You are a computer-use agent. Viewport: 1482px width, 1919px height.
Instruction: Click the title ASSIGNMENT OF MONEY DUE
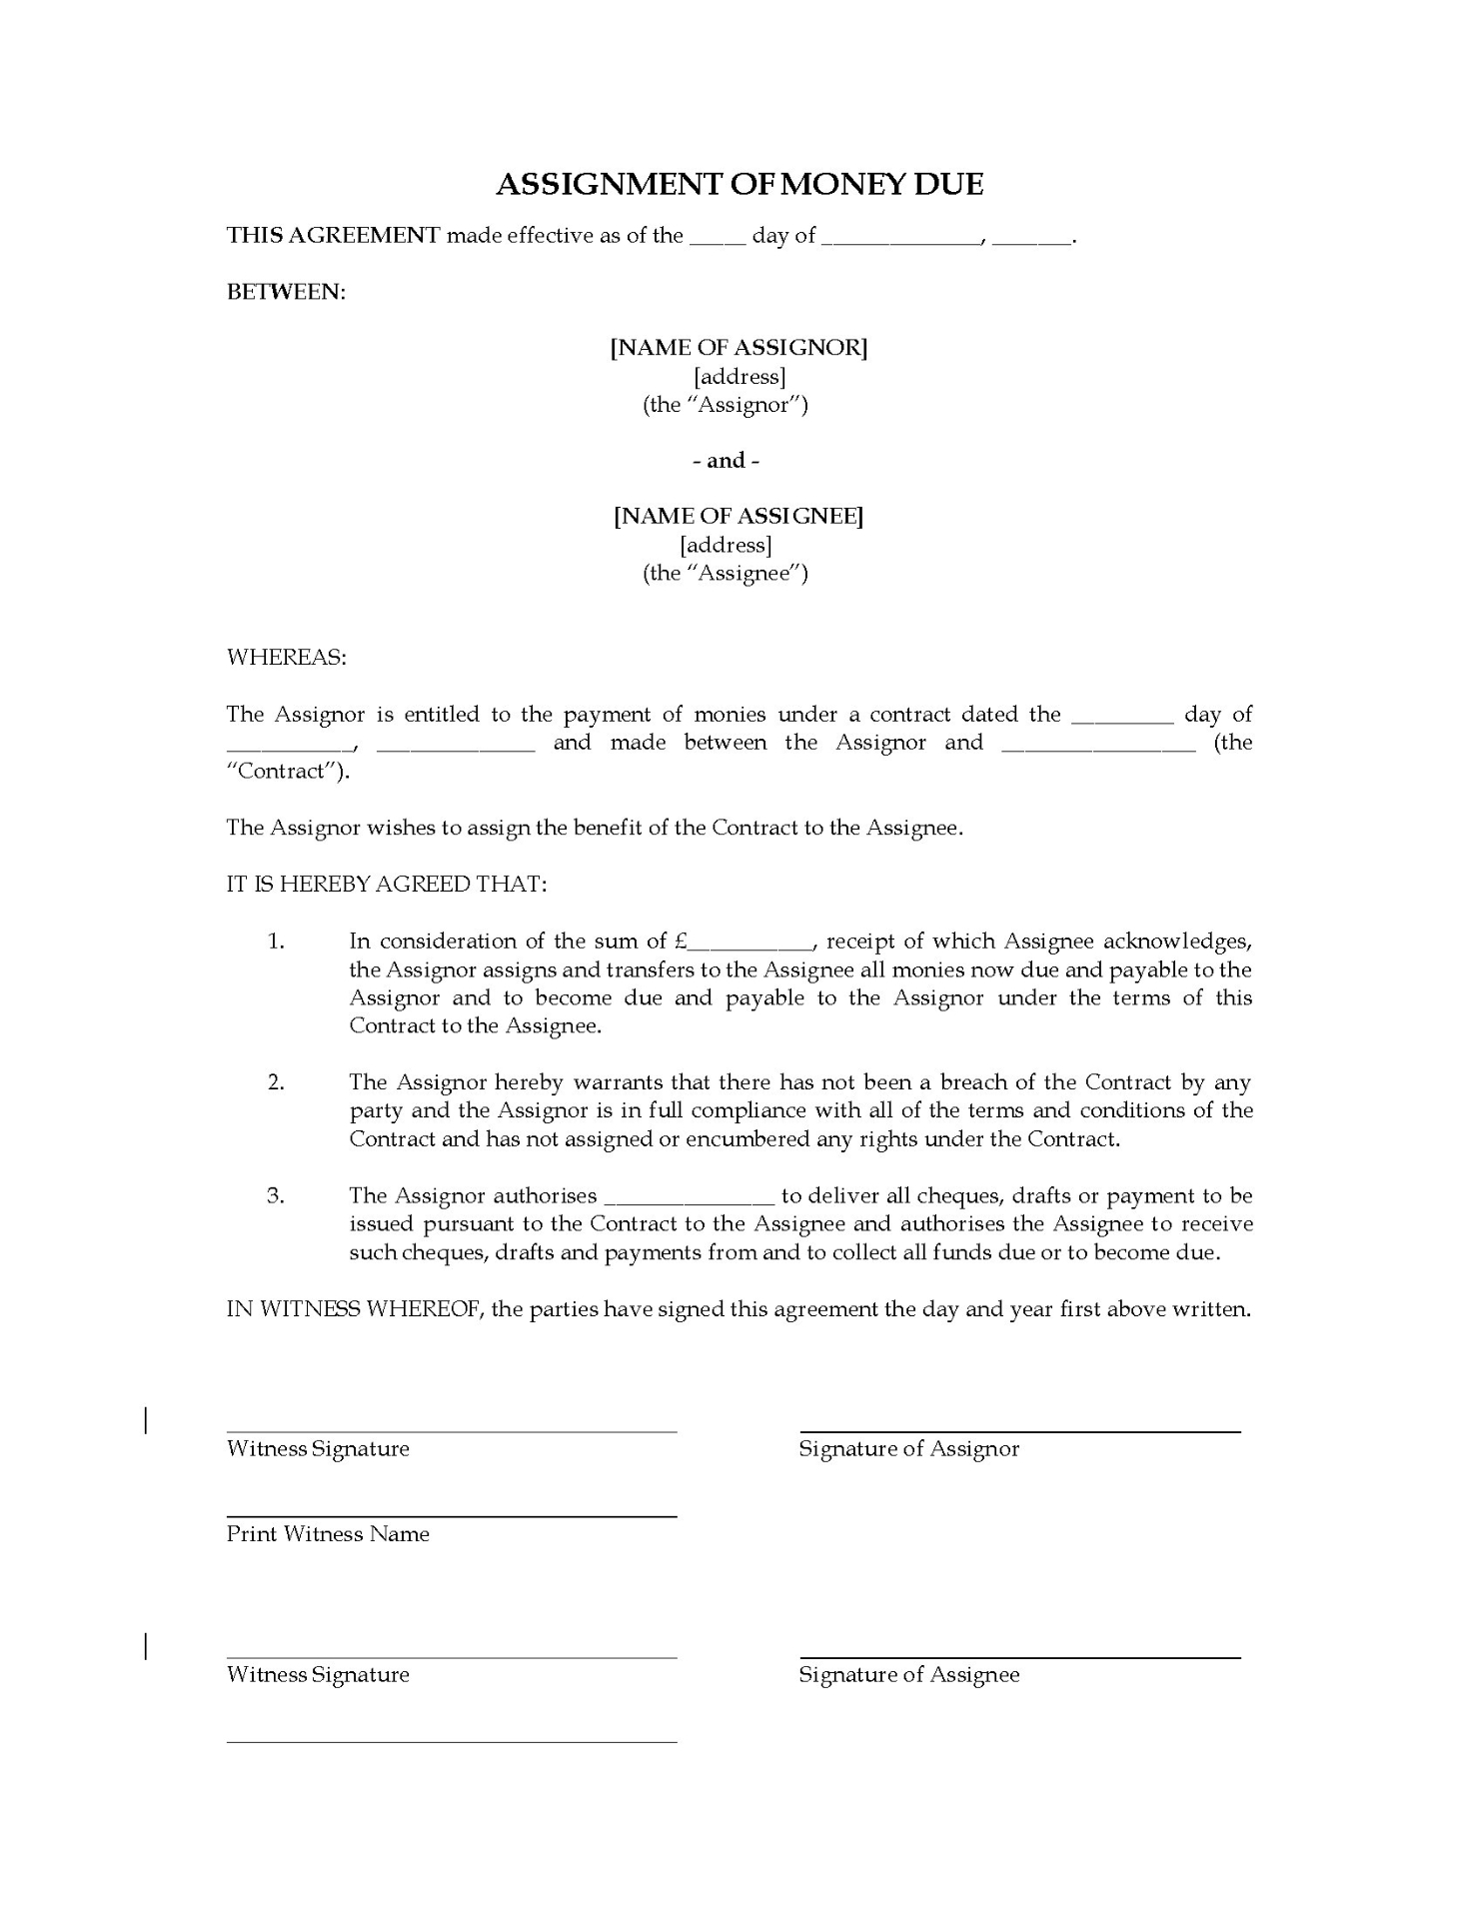pos(740,185)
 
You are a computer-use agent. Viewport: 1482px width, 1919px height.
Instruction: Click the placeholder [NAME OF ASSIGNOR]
pos(740,348)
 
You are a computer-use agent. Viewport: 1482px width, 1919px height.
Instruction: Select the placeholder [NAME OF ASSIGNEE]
pos(740,516)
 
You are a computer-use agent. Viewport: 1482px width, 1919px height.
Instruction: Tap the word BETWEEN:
pos(286,292)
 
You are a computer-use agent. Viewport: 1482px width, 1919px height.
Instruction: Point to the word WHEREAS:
pos(287,658)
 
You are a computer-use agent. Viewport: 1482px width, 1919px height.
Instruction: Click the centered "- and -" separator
pos(727,461)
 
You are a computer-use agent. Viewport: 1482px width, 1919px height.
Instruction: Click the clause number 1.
pos(277,942)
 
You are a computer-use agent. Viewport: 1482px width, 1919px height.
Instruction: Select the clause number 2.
pos(277,1082)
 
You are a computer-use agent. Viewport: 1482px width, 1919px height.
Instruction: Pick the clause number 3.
pos(277,1196)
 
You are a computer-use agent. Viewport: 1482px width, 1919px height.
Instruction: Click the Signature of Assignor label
pos(908,1449)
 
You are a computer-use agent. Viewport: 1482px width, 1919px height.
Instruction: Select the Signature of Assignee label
pos(908,1675)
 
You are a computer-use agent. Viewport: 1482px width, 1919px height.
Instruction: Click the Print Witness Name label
pos(328,1534)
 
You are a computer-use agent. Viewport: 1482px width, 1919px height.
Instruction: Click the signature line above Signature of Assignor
pos(1019,1432)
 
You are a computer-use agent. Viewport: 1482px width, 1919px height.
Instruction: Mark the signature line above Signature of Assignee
pos(1019,1658)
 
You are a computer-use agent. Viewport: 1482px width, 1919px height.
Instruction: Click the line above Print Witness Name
pos(452,1517)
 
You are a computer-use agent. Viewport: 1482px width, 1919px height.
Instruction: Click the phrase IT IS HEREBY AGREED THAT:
pos(387,885)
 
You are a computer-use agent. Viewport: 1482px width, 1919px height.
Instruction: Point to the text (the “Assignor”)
pos(726,405)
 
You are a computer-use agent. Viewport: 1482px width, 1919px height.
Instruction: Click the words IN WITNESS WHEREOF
pos(354,1310)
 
